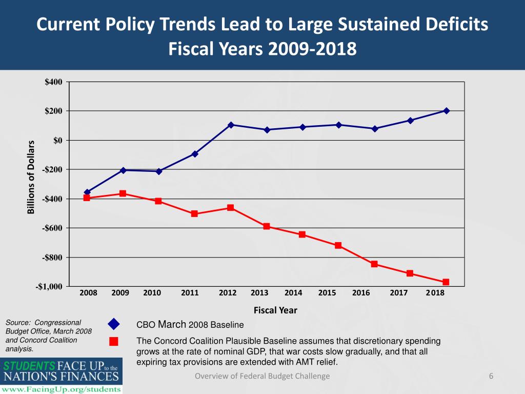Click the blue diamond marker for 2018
[x=446, y=111]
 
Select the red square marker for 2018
[x=446, y=282]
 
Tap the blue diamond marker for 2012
[x=231, y=125]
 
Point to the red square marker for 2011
[x=195, y=213]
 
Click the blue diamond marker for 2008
[x=87, y=192]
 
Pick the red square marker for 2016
[x=374, y=264]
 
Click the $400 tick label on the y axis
[x=54, y=82]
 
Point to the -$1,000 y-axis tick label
[x=49, y=286]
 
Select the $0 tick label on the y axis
[x=58, y=141]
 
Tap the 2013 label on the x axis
[x=259, y=293]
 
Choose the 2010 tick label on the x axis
[x=152, y=293]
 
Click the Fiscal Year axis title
[x=275, y=310]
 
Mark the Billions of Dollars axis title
[x=31, y=177]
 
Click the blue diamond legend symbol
[x=114, y=324]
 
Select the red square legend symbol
[x=114, y=342]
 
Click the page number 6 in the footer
[x=491, y=377]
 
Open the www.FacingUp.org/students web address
[x=61, y=389]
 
